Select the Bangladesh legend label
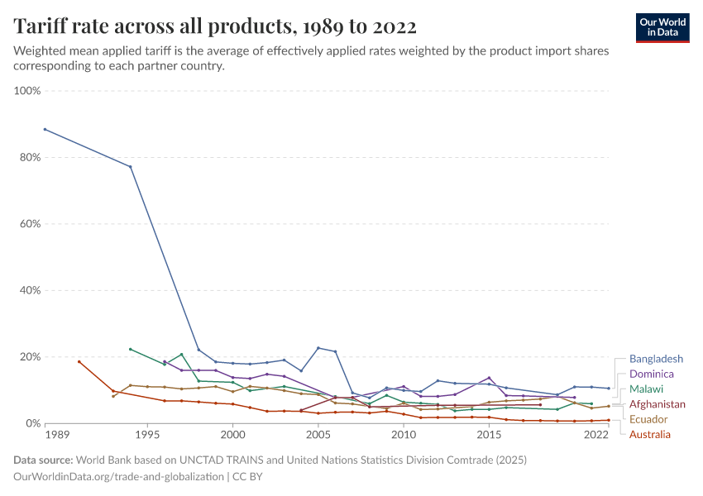click(x=656, y=360)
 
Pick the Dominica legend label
click(x=652, y=374)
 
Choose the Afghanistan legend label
click(x=657, y=404)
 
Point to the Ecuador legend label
click(x=648, y=419)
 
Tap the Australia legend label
click(x=650, y=434)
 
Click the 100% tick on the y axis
click(x=27, y=90)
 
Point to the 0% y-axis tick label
click(x=32, y=423)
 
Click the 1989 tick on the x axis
click(x=56, y=434)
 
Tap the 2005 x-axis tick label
click(x=318, y=434)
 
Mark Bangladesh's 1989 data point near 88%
click(x=45, y=129)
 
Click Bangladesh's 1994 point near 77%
click(x=130, y=167)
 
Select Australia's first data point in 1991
click(x=79, y=361)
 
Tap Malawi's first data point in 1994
click(x=130, y=349)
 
